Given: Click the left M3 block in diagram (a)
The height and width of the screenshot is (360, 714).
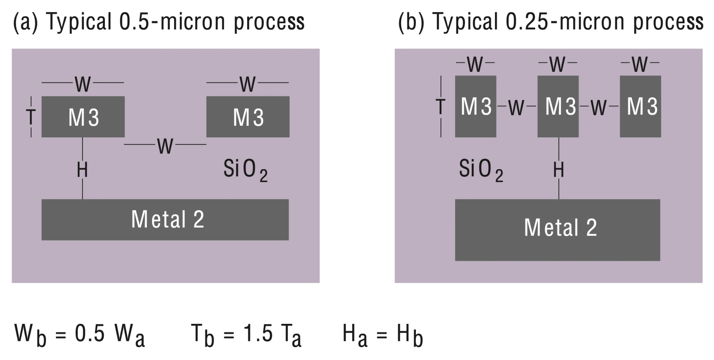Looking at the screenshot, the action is pyautogui.click(x=83, y=117).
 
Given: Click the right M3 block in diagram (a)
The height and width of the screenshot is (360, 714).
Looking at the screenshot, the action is pyautogui.click(x=248, y=117).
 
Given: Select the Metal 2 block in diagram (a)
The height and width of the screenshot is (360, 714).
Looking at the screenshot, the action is pyautogui.click(x=165, y=220).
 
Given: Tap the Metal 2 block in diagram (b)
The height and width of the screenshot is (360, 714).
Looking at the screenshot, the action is pyautogui.click(x=557, y=230).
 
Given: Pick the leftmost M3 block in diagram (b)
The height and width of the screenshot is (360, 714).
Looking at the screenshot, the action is pyautogui.click(x=476, y=107).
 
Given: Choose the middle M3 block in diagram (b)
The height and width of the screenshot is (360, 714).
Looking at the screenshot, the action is pyautogui.click(x=558, y=107).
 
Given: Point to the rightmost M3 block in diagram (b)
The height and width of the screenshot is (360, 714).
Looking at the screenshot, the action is pyautogui.click(x=640, y=107).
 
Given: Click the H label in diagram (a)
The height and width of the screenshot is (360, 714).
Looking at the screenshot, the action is pyautogui.click(x=82, y=170).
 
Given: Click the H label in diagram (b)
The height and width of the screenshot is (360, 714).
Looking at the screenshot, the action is pyautogui.click(x=558, y=170).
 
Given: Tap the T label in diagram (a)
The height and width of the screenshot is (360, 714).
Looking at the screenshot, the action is pyautogui.click(x=31, y=117).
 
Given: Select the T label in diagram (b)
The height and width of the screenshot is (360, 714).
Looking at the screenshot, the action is pyautogui.click(x=440, y=107).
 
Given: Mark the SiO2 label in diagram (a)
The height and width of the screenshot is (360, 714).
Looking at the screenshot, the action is pyautogui.click(x=245, y=170).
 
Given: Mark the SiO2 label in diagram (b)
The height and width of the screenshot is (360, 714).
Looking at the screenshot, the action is pyautogui.click(x=481, y=170).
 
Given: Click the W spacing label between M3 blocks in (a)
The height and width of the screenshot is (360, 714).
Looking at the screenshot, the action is pyautogui.click(x=165, y=146).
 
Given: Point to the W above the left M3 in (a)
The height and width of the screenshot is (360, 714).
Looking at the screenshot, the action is pyautogui.click(x=83, y=84).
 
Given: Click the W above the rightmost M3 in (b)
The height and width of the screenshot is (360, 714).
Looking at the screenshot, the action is pyautogui.click(x=640, y=64).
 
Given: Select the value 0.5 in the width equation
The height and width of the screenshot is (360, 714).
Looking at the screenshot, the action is pyautogui.click(x=90, y=334).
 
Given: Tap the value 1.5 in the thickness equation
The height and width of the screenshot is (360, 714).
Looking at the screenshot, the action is pyautogui.click(x=258, y=334).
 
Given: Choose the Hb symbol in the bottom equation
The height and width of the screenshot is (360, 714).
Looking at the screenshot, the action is pyautogui.click(x=410, y=335).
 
